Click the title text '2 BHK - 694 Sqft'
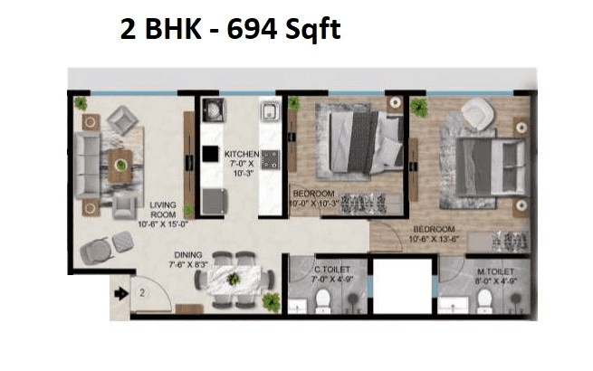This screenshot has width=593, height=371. tap(230, 31)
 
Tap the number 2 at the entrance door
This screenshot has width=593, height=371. tap(142, 293)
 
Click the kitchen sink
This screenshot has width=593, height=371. tap(269, 112)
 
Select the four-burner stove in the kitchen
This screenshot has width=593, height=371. tap(269, 160)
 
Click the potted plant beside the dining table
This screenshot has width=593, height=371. tap(271, 301)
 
